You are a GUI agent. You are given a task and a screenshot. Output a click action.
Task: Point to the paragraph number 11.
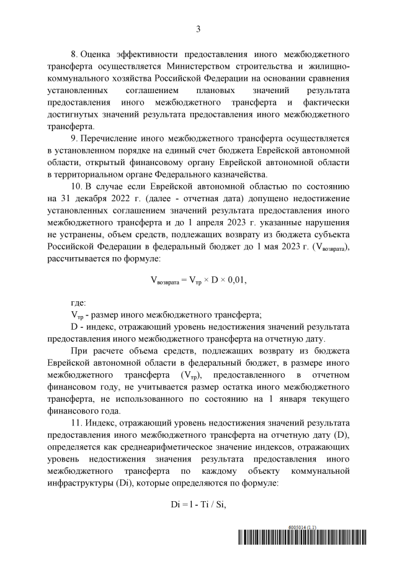pyautogui.click(x=76, y=424)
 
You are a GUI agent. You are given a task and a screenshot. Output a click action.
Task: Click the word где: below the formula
pyautogui.click(x=78, y=302)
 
